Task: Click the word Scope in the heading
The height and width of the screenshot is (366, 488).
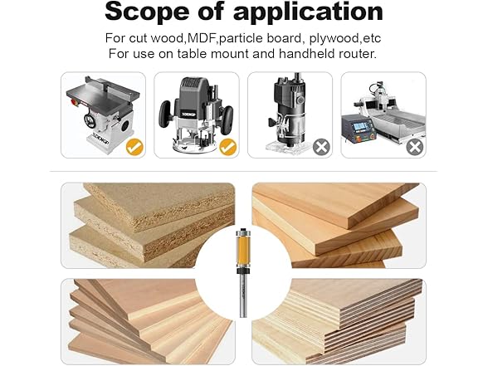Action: [147, 12]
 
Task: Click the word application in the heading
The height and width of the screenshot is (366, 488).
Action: [308, 12]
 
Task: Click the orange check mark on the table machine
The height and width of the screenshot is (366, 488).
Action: [134, 147]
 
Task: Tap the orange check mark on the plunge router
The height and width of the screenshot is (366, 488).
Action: [227, 147]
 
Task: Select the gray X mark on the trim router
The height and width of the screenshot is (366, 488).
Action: [321, 147]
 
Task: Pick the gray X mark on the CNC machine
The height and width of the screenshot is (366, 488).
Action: [415, 147]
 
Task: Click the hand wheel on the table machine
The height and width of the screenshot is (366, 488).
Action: [90, 120]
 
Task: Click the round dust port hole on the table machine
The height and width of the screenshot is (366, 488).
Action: [125, 126]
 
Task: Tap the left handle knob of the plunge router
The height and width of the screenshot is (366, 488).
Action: [165, 115]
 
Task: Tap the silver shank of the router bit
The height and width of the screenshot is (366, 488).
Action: [243, 295]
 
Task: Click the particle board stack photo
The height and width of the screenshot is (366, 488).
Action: [148, 226]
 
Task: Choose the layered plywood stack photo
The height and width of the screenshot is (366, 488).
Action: [339, 321]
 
